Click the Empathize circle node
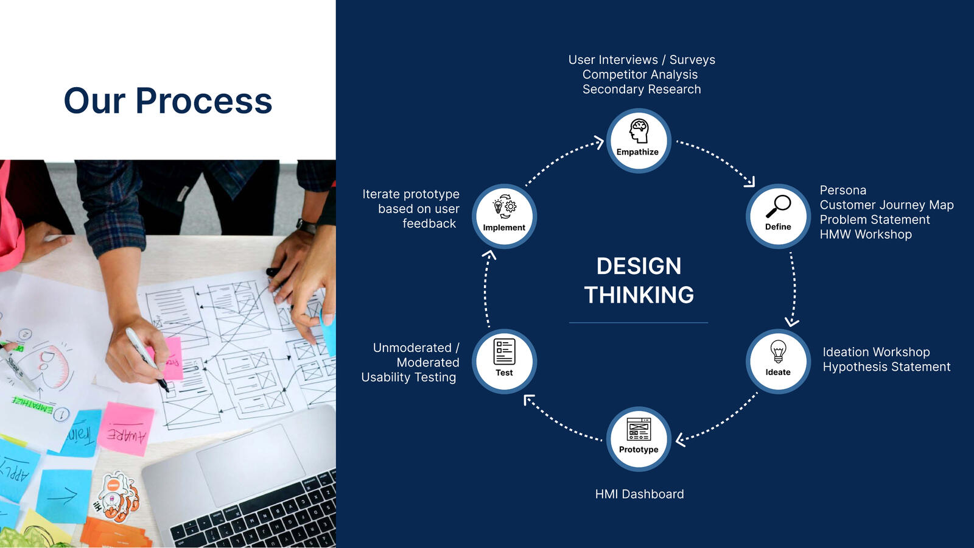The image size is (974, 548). click(639, 141)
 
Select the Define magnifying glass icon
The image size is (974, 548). click(779, 206)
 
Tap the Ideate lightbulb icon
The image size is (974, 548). click(778, 351)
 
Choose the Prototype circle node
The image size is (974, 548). click(639, 439)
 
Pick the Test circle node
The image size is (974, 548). click(504, 361)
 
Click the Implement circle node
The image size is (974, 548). click(504, 216)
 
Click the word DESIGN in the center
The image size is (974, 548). click(639, 266)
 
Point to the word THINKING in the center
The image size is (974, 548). click(639, 295)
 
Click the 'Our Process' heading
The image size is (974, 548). click(168, 100)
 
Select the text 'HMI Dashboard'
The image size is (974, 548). click(639, 494)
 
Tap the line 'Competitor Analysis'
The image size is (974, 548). click(640, 74)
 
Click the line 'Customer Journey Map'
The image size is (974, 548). click(886, 205)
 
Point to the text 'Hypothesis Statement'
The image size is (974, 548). click(886, 367)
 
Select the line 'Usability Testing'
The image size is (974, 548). click(408, 377)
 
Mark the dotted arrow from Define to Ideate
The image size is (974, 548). click(793, 289)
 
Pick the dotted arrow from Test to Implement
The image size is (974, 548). click(486, 289)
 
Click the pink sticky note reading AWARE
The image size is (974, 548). click(126, 429)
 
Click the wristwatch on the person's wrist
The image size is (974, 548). click(307, 227)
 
